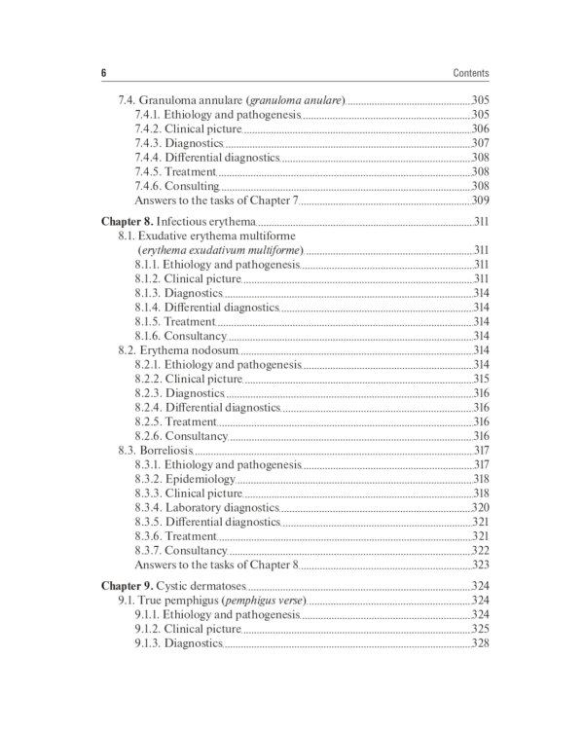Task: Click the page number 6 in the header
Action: click(x=103, y=73)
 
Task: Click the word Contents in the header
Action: click(x=471, y=73)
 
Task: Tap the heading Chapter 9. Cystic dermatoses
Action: click(x=174, y=587)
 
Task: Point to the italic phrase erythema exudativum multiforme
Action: click(x=220, y=250)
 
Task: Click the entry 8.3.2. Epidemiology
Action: click(x=185, y=479)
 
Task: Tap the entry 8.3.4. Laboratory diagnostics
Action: click(x=207, y=507)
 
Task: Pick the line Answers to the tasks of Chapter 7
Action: click(x=216, y=201)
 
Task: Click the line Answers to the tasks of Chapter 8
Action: click(x=216, y=565)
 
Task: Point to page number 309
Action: click(x=480, y=201)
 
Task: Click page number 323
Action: click(x=480, y=565)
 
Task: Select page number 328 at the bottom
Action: click(x=480, y=643)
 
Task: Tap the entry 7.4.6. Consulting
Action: click(x=177, y=186)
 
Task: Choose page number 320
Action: click(x=480, y=507)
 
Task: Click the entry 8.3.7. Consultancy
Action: click(x=182, y=550)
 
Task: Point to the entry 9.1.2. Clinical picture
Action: click(x=188, y=630)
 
